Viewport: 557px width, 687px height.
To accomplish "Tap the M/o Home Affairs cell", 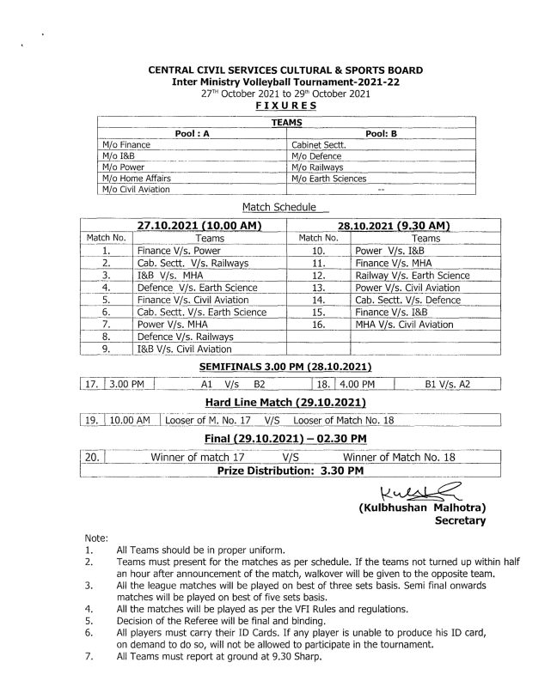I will tap(136, 178).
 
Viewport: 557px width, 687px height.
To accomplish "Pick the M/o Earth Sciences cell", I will tap(329, 178).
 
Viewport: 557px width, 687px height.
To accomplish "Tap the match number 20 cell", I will tap(93, 458).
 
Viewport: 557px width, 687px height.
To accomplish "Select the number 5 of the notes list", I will tap(89, 618).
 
